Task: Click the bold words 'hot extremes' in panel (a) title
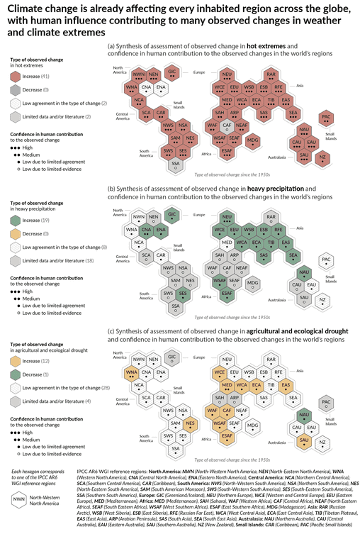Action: coord(264,46)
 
